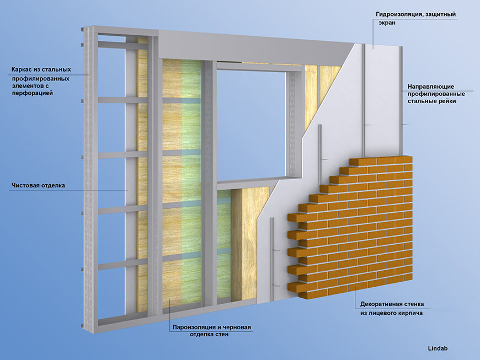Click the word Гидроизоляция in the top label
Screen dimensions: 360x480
tap(398, 15)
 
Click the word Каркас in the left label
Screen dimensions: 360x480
tap(22, 70)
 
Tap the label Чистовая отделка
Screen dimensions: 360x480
tap(38, 185)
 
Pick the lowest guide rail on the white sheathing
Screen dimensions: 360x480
tap(272, 254)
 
